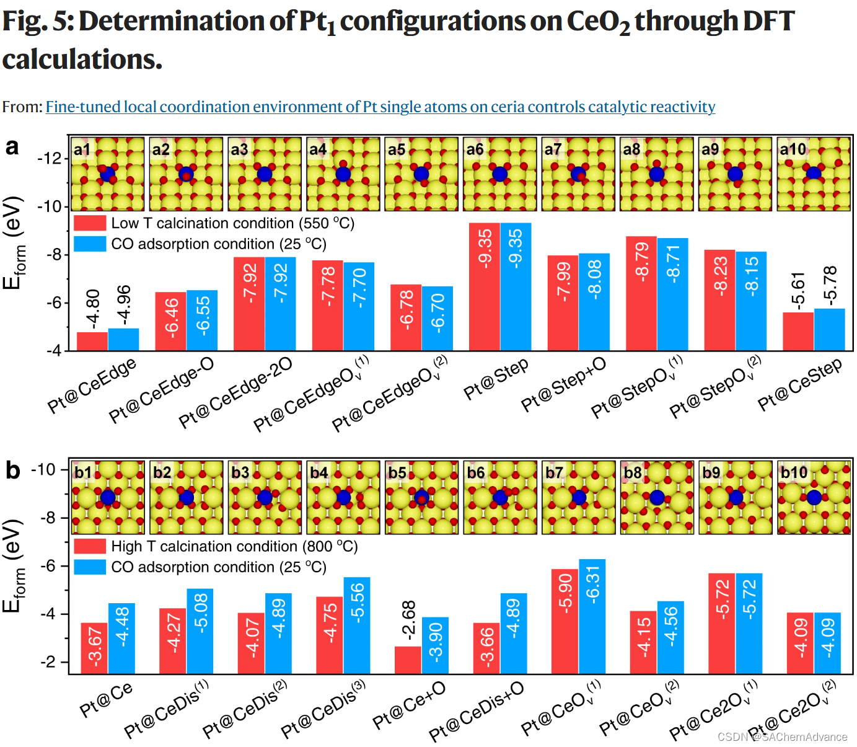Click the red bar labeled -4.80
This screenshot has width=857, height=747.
[x=92, y=342]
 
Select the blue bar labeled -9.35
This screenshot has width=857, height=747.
[x=516, y=286]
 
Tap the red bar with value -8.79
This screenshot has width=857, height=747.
[x=641, y=293]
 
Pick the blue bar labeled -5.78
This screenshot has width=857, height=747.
[x=829, y=329]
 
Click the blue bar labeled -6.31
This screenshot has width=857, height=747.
[x=592, y=616]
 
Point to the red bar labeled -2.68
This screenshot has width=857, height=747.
[x=408, y=660]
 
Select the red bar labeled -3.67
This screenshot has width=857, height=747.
[x=94, y=648]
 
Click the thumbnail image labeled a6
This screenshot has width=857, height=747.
[x=499, y=174]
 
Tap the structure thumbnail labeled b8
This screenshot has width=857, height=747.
[x=657, y=497]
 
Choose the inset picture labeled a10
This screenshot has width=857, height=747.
[x=814, y=174]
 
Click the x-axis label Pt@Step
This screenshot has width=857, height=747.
[x=496, y=379]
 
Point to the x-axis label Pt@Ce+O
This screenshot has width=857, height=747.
[x=409, y=706]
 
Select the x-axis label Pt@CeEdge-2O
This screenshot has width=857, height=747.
[x=235, y=393]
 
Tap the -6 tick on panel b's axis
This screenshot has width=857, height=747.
[x=48, y=565]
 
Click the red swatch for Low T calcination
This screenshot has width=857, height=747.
[x=90, y=223]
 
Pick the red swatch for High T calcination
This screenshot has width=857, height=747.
[x=90, y=546]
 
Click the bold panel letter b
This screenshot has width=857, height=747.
[x=12, y=470]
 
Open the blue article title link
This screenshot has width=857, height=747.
[x=380, y=107]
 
